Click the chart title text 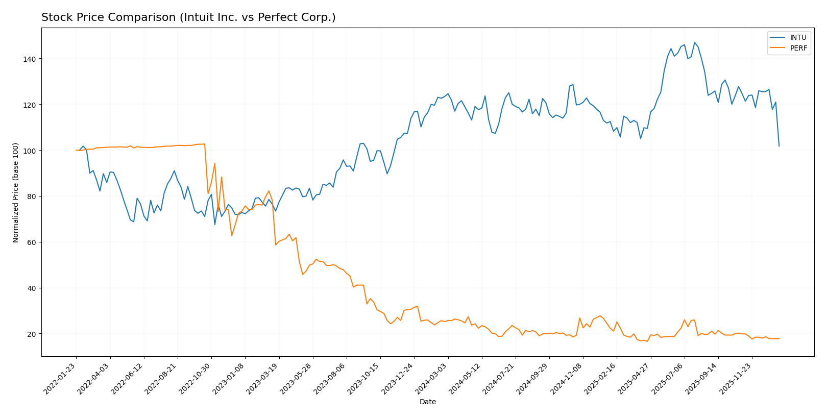188,17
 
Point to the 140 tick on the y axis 29,59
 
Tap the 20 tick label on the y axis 31,334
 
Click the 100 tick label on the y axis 29,151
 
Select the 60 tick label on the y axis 31,242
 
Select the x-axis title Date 427,402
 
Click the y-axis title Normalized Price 16,192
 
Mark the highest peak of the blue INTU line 694,43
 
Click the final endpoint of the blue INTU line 779,146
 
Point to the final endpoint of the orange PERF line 779,338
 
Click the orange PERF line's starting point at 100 76,150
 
